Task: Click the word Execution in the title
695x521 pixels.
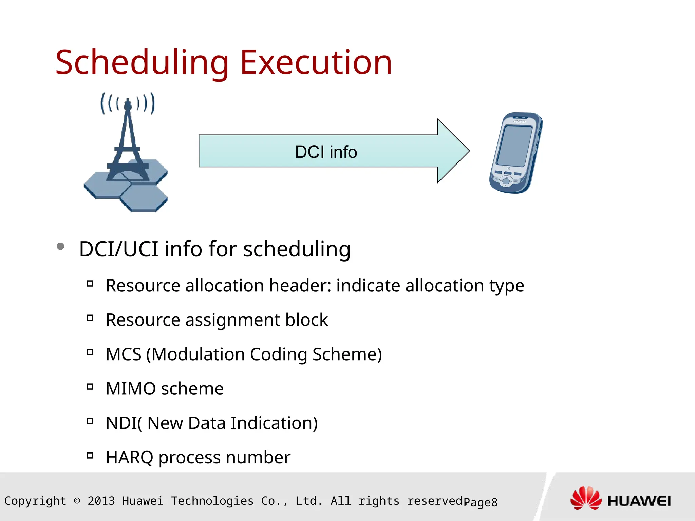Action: tap(316, 63)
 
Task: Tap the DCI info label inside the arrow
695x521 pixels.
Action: tap(326, 152)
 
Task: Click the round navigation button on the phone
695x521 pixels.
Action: tap(506, 181)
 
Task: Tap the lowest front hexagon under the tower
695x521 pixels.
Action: tap(144, 198)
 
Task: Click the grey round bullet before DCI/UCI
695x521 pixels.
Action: tap(60, 246)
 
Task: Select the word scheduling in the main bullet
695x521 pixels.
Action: tap(297, 249)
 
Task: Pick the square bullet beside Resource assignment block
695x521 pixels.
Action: tap(90, 318)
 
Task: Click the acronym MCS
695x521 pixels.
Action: tap(124, 354)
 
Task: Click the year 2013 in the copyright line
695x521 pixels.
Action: tap(101, 501)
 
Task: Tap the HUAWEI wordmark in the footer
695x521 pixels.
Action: tap(639, 501)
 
